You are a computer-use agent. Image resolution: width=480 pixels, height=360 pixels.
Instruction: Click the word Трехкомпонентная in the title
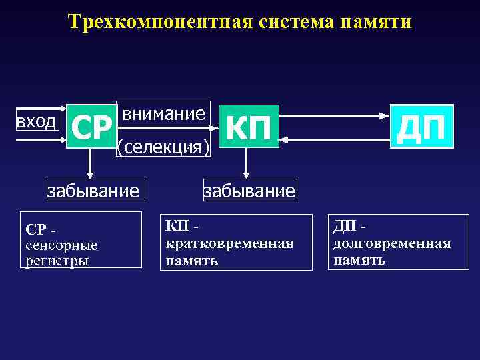[159, 22]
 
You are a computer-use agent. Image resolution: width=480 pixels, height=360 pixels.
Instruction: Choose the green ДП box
[421, 127]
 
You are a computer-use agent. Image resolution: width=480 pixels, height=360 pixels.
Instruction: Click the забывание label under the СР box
[93, 192]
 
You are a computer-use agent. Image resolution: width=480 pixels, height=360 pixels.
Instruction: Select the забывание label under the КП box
[249, 192]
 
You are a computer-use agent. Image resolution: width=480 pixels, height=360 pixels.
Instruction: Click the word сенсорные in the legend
[61, 245]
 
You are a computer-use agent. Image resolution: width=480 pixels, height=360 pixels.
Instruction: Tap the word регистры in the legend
[57, 260]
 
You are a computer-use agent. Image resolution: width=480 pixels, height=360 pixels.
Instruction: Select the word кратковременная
[229, 244]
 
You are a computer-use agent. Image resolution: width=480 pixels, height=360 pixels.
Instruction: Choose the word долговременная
[392, 244]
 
